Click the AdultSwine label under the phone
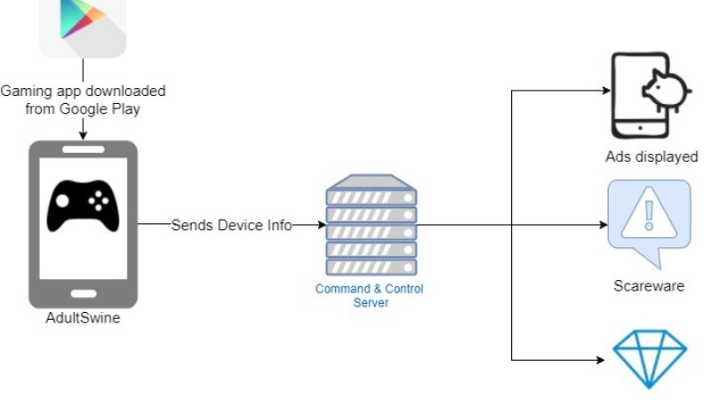(x=83, y=318)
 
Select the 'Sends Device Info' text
(x=231, y=225)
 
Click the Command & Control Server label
(x=369, y=295)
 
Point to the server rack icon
(x=371, y=226)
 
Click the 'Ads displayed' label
(x=651, y=157)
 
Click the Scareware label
(x=649, y=286)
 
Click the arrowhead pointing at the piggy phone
(x=606, y=90)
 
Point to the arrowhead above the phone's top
(x=83, y=135)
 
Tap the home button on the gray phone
(x=83, y=292)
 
